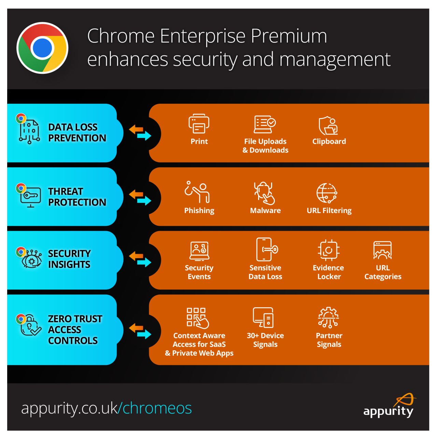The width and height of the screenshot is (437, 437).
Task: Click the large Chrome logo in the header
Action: click(x=42, y=48)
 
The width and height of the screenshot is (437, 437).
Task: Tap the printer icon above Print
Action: click(x=199, y=124)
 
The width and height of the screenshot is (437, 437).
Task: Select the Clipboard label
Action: click(x=329, y=141)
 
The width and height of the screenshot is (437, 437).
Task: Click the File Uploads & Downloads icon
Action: click(x=265, y=124)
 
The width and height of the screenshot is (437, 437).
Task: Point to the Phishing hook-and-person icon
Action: click(x=197, y=192)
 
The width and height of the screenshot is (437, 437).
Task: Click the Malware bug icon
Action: click(x=264, y=193)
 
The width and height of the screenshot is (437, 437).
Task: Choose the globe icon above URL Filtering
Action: click(x=327, y=193)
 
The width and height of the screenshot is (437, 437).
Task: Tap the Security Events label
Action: click(x=199, y=272)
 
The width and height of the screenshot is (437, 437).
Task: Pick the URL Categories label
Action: click(x=383, y=272)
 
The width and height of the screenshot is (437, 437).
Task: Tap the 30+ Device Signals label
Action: click(x=265, y=340)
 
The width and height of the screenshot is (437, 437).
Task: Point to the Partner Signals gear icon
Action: click(x=328, y=318)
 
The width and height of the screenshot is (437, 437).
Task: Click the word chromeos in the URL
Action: click(x=157, y=408)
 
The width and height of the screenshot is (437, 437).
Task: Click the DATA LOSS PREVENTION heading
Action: click(x=77, y=132)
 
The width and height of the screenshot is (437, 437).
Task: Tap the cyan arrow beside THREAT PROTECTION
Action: click(x=144, y=200)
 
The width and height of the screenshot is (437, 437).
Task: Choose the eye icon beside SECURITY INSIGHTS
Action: click(x=32, y=260)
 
